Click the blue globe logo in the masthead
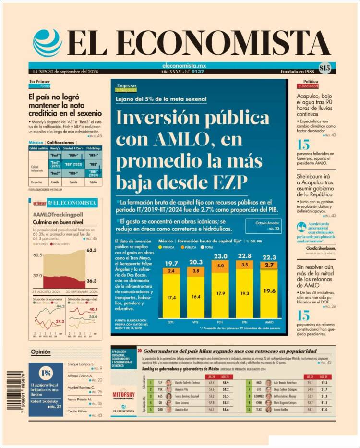point(48,43)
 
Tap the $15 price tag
point(324,68)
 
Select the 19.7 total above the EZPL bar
point(171,262)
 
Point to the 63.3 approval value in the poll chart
point(92,250)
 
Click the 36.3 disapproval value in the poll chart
point(92,281)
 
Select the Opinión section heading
point(41,352)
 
